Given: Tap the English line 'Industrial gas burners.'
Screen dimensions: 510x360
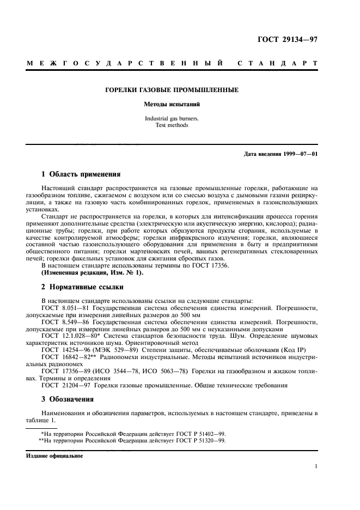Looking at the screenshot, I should [x=179, y=118].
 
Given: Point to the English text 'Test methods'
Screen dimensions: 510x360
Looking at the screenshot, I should [x=179, y=125].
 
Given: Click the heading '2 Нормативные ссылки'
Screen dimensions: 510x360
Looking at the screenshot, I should [x=83, y=287].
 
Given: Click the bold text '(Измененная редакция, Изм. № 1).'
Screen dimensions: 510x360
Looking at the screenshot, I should [x=93, y=272].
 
